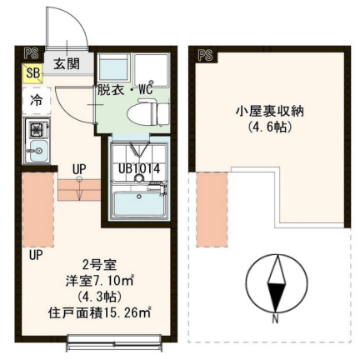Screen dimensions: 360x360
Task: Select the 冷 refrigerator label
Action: click(37, 98)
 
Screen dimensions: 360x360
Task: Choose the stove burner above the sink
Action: click(37, 129)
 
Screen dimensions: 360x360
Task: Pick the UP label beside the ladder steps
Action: click(79, 168)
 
